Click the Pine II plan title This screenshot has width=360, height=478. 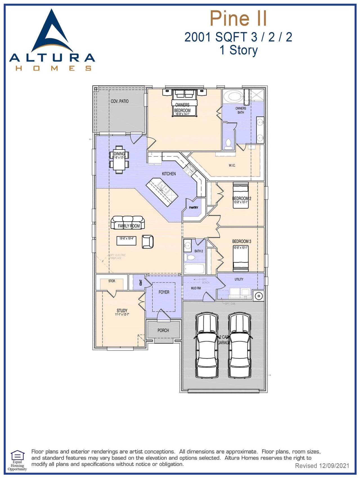238,19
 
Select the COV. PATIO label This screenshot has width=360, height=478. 120,101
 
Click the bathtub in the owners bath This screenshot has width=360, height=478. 233,97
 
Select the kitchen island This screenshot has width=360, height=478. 162,192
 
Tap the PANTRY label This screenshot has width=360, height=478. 193,208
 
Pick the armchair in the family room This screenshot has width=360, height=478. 148,242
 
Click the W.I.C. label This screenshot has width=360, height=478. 232,165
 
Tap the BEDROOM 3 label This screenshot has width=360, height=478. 242,241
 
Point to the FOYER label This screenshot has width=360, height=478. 164,292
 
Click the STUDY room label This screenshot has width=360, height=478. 122,311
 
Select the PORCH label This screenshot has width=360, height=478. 163,330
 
